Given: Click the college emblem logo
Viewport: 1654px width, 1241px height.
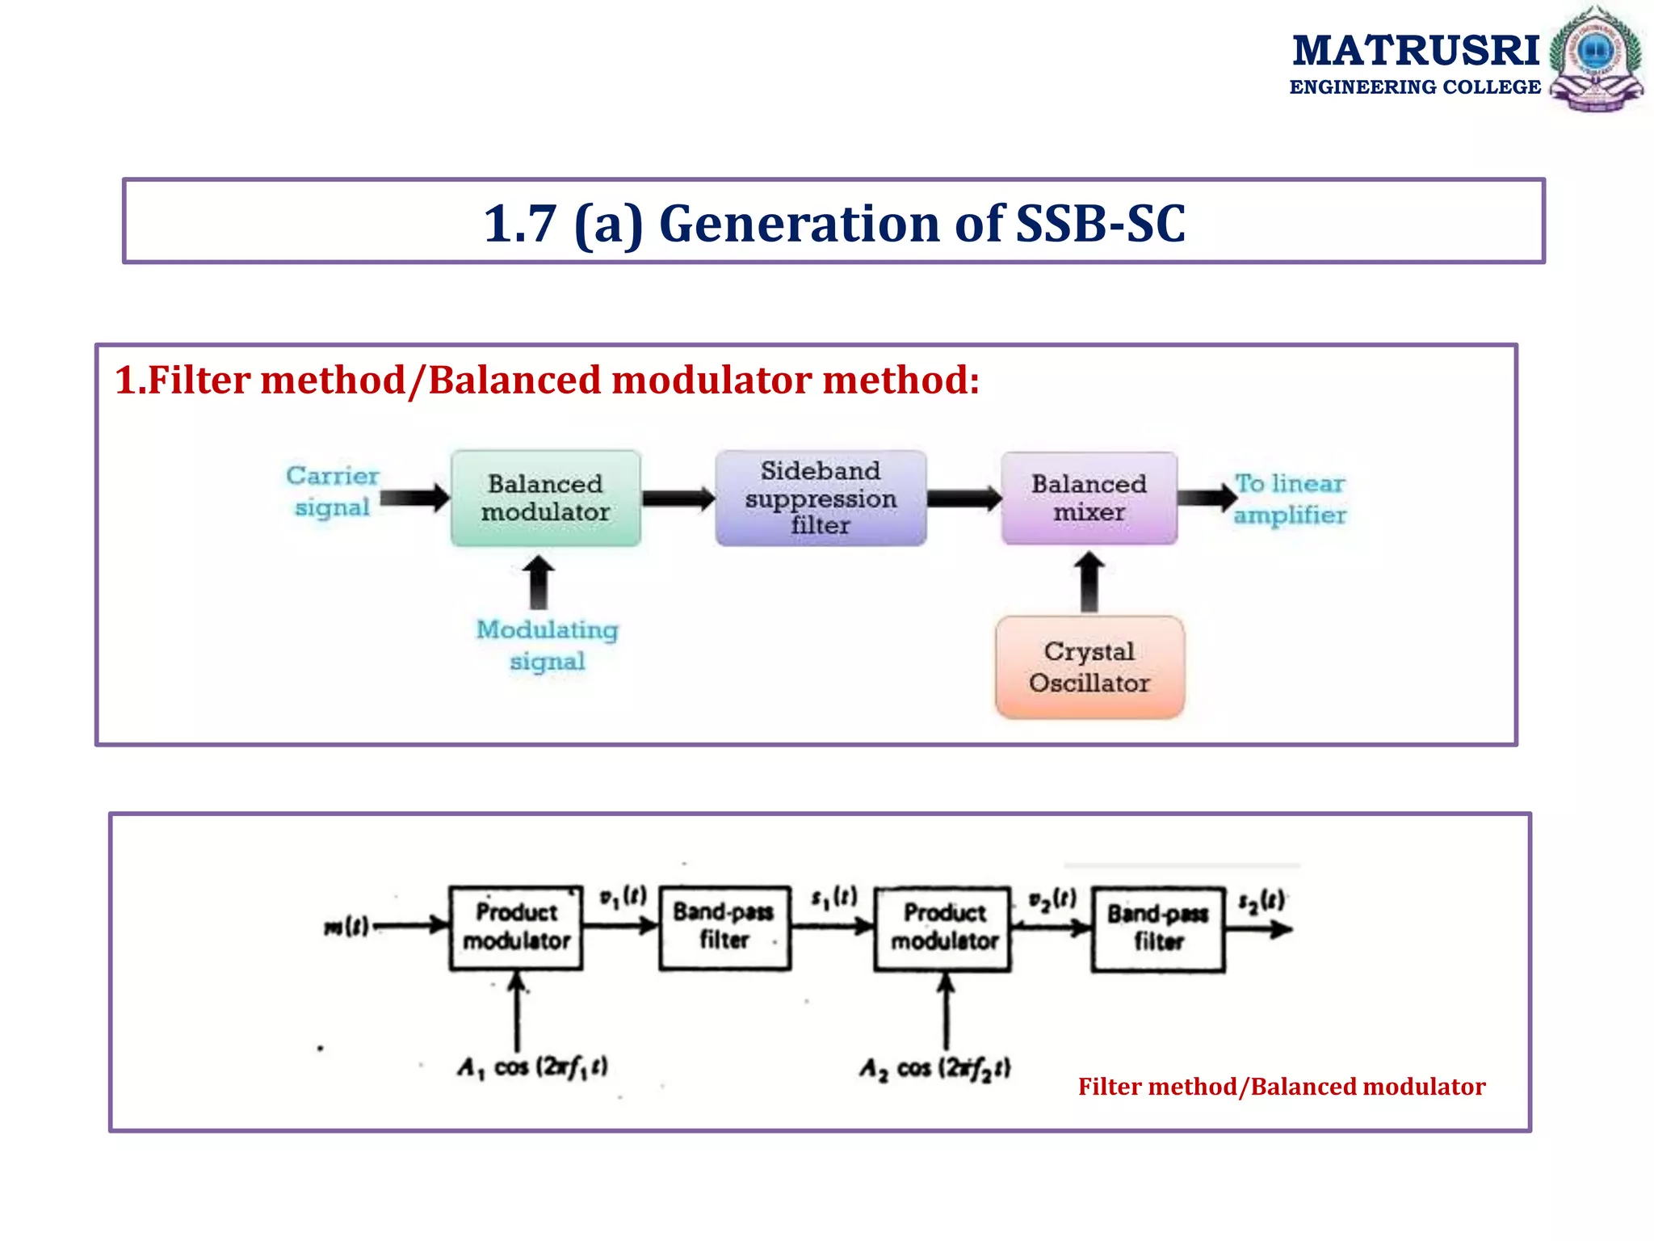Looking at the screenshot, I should point(1596,58).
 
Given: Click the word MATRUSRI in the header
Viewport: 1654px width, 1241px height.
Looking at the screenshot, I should point(1416,51).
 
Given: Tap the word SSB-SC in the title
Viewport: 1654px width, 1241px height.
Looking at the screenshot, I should point(1100,224).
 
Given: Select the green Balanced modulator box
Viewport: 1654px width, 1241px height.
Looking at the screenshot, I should point(546,498).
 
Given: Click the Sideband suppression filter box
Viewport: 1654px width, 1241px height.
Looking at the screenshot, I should point(821,498).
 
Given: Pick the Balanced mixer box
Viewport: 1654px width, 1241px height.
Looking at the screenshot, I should point(1089,498).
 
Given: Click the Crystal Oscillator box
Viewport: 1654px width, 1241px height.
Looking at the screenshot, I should point(1089,667).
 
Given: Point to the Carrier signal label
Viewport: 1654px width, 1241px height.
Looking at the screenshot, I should point(332,491).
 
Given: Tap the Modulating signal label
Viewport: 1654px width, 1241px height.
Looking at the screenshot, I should point(547,645).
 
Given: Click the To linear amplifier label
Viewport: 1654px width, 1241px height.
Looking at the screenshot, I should point(1290,499).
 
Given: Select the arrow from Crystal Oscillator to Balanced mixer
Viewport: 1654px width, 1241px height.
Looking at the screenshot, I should point(1089,581).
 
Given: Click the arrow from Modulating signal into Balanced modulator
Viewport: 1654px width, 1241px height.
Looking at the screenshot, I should point(538,582).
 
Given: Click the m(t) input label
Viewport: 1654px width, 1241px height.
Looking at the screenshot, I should point(346,926).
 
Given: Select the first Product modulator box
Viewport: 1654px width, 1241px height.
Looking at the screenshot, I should point(516,927).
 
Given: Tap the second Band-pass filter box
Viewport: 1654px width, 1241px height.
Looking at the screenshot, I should point(1157,928).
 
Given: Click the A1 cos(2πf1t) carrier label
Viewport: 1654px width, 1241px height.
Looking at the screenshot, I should point(533,1067).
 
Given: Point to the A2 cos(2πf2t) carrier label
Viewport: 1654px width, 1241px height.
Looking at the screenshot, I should point(934,1069).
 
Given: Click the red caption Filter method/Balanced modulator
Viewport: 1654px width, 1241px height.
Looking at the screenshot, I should point(1281,1087).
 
